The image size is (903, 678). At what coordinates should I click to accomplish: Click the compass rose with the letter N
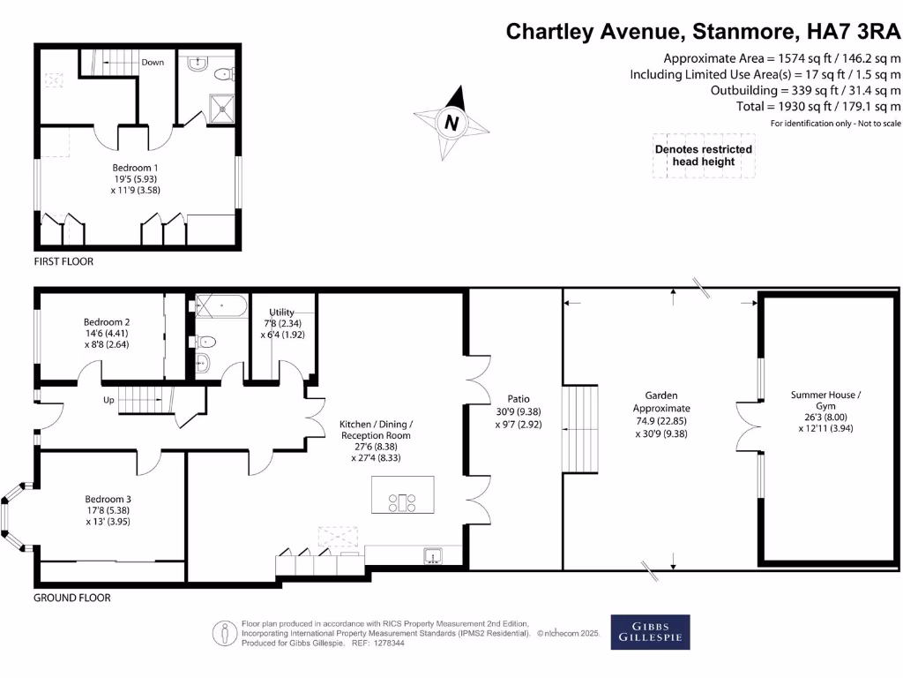point(451,123)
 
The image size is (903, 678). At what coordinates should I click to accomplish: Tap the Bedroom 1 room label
point(135,177)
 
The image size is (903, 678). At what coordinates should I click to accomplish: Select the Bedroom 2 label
point(107,333)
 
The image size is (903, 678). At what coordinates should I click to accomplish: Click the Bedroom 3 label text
point(108,509)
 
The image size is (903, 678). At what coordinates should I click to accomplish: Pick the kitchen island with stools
point(404,495)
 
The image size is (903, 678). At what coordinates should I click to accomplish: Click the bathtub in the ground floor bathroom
point(220,307)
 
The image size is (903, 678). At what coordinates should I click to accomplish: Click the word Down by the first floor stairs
point(153,63)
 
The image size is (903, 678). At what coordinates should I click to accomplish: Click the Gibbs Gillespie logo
point(650,632)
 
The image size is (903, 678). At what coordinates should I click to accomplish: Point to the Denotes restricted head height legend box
point(703,155)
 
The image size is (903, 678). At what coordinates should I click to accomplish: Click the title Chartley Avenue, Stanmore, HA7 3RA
point(703,32)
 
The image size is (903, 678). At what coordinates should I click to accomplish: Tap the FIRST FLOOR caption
point(63,262)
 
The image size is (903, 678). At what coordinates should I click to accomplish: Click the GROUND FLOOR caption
point(72,598)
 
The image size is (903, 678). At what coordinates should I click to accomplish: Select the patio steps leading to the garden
point(580,427)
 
